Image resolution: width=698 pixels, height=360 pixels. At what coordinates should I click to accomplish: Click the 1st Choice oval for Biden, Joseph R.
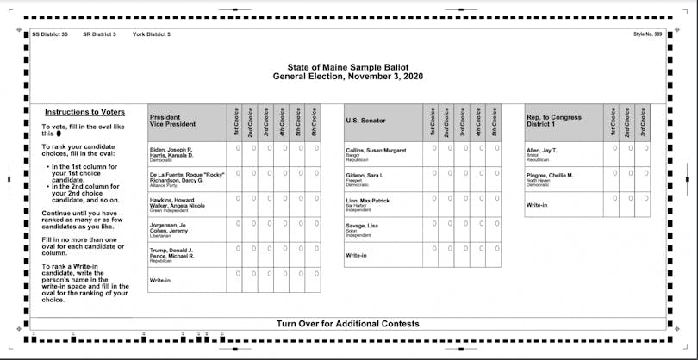click(239, 147)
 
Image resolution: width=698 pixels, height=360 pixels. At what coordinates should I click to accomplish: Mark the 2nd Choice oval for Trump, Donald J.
click(254, 249)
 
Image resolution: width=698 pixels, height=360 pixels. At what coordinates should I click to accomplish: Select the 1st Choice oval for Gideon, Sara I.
click(434, 173)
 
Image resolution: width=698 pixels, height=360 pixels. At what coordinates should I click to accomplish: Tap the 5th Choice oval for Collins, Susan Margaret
click(495, 147)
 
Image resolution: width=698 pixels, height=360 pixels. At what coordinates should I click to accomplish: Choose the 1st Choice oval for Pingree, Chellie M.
click(615, 173)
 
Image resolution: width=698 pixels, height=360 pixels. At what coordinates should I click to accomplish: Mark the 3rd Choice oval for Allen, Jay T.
click(645, 147)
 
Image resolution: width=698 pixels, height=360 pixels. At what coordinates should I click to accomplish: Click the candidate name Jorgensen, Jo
click(168, 225)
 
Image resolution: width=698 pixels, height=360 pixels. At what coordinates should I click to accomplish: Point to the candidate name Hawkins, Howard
click(171, 199)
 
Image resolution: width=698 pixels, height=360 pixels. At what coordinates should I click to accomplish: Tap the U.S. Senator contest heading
click(365, 121)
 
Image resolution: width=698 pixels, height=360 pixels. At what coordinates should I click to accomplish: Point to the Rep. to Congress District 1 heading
click(553, 121)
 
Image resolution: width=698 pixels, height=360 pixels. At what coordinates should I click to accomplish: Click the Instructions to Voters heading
click(84, 112)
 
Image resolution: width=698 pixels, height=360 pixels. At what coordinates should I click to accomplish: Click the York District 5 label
click(152, 34)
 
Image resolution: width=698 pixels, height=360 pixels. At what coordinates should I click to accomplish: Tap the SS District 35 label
click(49, 34)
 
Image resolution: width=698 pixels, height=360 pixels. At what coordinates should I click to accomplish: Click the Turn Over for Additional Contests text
click(348, 324)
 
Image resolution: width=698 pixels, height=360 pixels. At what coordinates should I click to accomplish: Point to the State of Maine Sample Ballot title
click(348, 67)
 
